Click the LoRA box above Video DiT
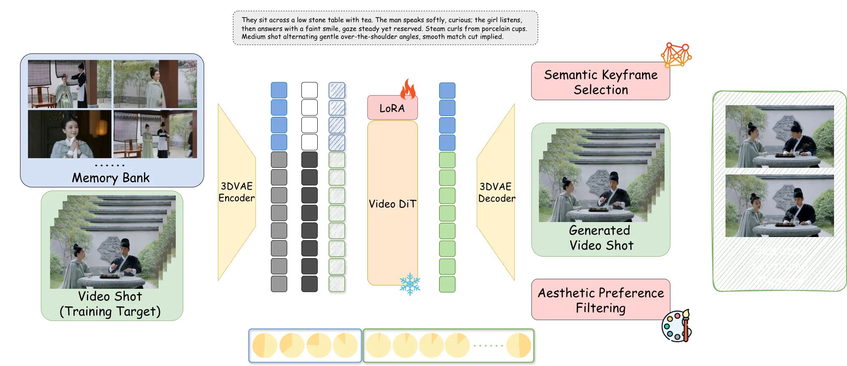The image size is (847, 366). [392, 109]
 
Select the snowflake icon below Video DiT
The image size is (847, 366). [410, 284]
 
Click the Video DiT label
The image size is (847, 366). [392, 204]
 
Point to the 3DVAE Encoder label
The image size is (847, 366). [237, 192]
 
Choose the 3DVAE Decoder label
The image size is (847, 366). [496, 192]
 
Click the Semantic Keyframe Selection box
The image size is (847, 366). [601, 82]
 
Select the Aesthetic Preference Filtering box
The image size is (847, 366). [601, 300]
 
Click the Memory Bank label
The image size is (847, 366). [111, 178]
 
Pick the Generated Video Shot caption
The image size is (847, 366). [601, 238]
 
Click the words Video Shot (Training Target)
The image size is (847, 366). [110, 304]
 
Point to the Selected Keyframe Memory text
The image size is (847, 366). [779, 265]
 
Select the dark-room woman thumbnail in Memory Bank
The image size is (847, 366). [70, 134]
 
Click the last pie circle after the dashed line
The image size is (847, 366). [518, 346]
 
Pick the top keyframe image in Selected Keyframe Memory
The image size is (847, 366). [779, 136]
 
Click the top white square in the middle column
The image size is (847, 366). [309, 90]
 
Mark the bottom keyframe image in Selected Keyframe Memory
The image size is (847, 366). [779, 205]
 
